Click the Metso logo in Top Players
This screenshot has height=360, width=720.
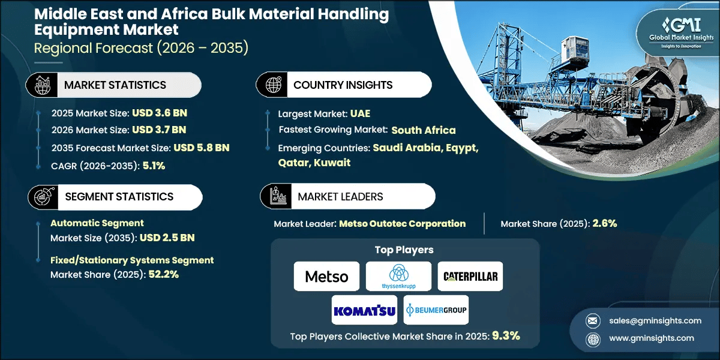(x=326, y=277)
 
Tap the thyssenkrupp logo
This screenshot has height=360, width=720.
(x=398, y=277)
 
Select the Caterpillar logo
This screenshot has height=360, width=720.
(x=470, y=277)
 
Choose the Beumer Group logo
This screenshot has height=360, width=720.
(x=436, y=310)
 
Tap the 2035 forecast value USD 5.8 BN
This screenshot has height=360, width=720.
(x=201, y=148)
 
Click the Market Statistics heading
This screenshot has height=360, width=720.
(x=115, y=85)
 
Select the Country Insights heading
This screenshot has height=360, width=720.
(x=343, y=85)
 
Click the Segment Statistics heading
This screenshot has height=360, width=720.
(x=119, y=197)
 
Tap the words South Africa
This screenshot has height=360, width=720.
(x=424, y=130)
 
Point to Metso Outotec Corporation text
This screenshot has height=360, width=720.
(x=402, y=224)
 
